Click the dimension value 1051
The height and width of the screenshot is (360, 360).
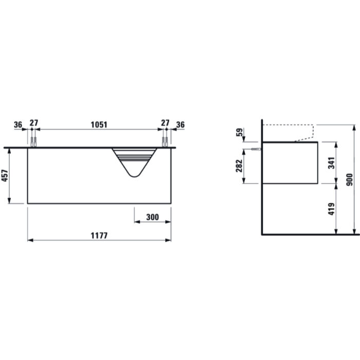(x=99, y=124)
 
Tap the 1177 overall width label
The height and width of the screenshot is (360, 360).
(x=99, y=236)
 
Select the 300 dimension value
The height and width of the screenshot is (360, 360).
(x=152, y=217)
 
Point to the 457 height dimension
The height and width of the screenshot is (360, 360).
(x=5, y=176)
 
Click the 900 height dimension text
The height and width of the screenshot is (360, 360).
(x=349, y=180)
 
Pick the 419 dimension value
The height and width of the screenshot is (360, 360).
(x=331, y=209)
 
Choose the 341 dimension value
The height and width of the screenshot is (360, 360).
(x=331, y=163)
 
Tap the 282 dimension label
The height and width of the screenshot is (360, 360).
(x=239, y=166)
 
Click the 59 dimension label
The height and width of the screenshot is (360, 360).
(x=239, y=132)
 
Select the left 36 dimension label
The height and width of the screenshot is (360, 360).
(x=18, y=124)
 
